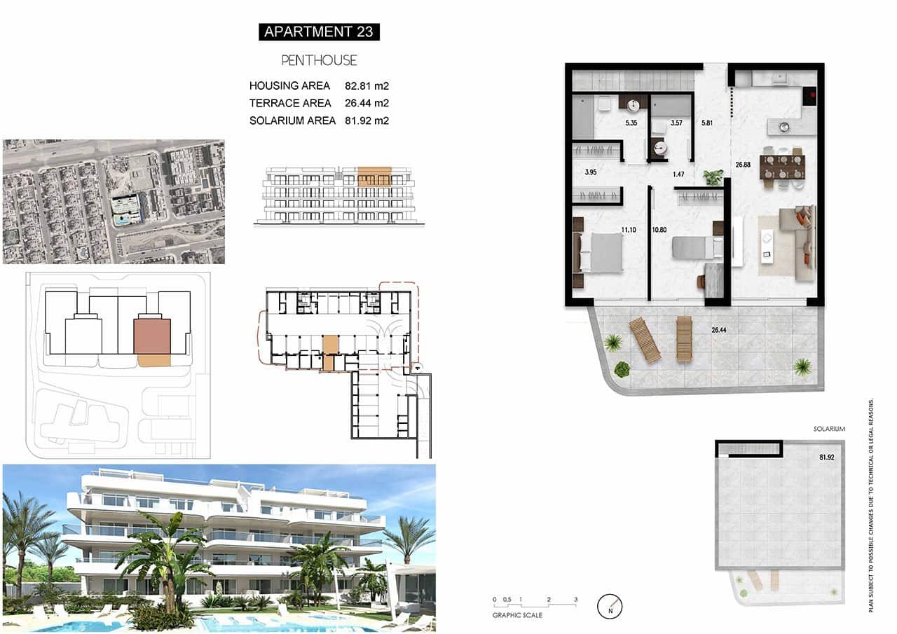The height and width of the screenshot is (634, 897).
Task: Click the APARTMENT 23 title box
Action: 319,32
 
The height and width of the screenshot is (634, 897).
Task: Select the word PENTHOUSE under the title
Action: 319,61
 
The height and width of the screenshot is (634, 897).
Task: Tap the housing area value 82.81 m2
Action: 367,86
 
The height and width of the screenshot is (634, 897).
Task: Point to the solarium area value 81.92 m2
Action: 367,120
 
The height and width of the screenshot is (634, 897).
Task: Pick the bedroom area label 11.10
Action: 629,230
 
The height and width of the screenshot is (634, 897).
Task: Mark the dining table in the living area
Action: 782,167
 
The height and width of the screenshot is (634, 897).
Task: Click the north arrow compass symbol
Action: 610,606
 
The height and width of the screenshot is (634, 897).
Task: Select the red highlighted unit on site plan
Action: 152,336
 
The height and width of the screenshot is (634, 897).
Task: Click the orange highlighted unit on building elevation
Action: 374,176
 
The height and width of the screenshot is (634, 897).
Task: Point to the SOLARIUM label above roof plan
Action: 829,429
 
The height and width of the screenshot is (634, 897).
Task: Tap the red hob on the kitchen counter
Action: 812,92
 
